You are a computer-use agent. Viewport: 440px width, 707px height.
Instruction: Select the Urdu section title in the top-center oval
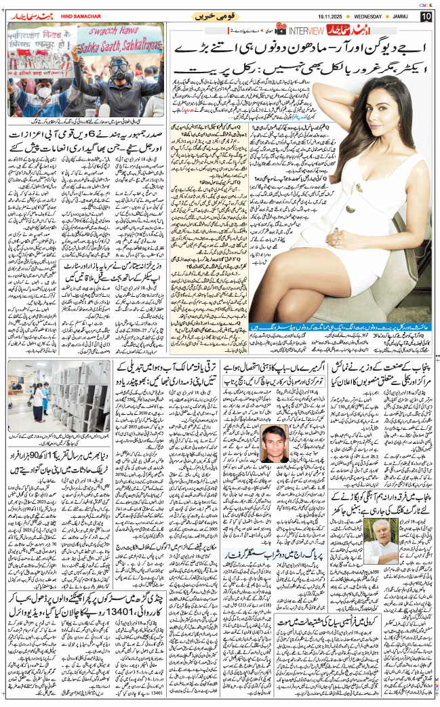click(216, 16)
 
